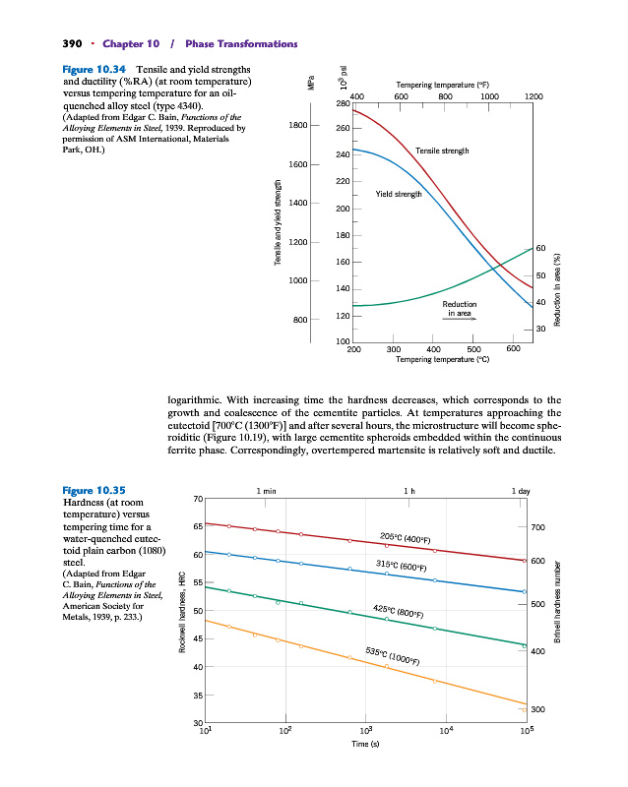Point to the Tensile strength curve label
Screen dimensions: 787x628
[x=449, y=151]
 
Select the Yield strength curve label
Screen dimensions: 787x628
[x=399, y=194]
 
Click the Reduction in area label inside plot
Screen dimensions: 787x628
[x=461, y=308]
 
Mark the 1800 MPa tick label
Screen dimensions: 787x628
[x=298, y=125]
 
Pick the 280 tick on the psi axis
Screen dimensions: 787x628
[x=342, y=103]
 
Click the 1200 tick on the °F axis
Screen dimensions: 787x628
[x=534, y=96]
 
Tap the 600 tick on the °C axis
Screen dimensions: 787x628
[x=513, y=348]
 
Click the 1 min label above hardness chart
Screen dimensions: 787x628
[x=266, y=490]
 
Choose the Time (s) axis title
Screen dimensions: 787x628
[x=366, y=744]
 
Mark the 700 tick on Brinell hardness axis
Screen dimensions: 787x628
[x=537, y=528]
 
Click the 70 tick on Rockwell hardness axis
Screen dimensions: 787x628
[x=198, y=497]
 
